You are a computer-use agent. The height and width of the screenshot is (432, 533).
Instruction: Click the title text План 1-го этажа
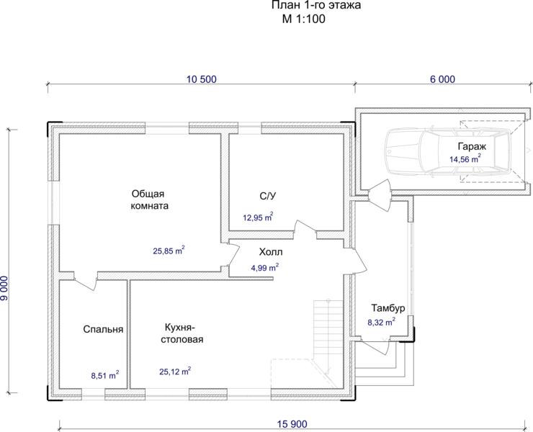(x=316, y=5)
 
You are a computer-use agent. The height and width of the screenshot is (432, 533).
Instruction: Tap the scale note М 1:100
(x=303, y=19)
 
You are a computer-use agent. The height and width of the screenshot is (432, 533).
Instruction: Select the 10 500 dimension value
(x=202, y=79)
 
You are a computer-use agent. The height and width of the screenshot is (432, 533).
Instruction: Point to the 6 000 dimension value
(x=442, y=79)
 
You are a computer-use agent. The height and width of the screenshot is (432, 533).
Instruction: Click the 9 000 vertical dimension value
(x=4, y=288)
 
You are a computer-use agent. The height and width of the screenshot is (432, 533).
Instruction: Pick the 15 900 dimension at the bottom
(x=292, y=424)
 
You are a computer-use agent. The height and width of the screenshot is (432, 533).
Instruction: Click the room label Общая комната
(x=150, y=200)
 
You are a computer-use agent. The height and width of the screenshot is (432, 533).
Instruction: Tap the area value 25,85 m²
(x=169, y=251)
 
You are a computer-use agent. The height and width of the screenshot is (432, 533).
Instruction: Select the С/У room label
(x=268, y=196)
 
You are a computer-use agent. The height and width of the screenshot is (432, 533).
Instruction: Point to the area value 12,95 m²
(x=258, y=217)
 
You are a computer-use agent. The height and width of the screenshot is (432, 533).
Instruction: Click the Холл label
(x=271, y=252)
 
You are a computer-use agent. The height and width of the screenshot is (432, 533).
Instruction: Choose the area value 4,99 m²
(x=265, y=268)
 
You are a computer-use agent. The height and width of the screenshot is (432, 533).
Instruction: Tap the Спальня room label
(x=103, y=329)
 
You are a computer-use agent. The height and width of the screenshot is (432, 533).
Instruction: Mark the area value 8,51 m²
(x=105, y=375)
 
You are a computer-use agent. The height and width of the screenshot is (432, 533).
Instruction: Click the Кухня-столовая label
(x=182, y=333)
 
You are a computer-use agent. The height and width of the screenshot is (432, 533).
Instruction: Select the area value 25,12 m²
(x=175, y=371)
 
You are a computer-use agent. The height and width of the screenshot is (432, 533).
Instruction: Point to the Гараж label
(x=472, y=146)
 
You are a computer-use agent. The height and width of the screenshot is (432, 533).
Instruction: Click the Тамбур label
(x=388, y=308)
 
